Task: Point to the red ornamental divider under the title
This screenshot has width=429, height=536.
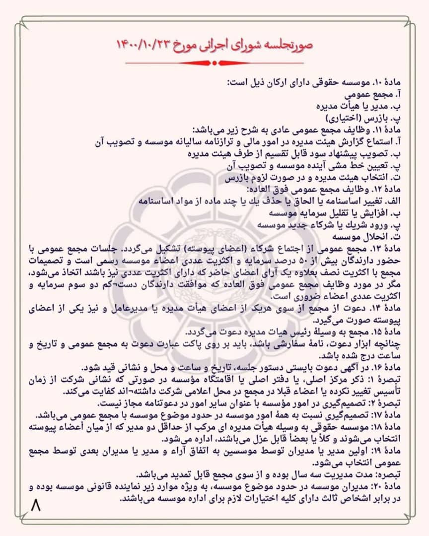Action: point(214,63)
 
